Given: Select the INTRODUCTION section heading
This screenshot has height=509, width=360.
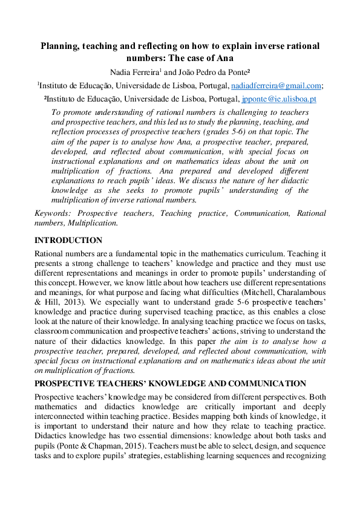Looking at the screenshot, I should tap(68, 240).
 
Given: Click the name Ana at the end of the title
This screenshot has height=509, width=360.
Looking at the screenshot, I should tap(225, 58).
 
